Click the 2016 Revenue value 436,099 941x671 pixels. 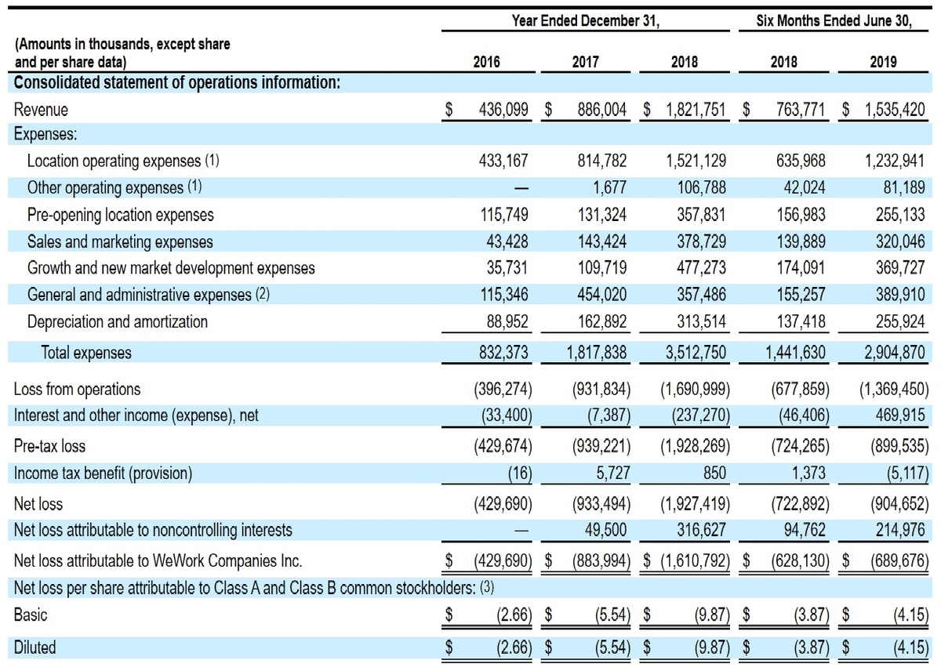503,110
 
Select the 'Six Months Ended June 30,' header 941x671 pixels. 834,20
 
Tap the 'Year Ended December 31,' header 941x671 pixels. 586,20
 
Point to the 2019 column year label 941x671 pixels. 883,62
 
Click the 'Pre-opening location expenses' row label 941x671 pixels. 121,215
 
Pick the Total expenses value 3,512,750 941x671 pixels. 696,352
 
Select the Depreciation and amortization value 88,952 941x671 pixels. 507,321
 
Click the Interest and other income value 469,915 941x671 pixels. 900,415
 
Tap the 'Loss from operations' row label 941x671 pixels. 78,390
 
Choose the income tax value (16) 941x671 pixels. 520,473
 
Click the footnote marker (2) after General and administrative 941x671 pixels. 263,294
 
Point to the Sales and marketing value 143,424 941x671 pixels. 602,241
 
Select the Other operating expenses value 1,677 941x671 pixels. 609,187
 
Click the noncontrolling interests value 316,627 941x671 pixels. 701,530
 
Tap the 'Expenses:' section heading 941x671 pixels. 45,134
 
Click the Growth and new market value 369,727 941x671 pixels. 900,268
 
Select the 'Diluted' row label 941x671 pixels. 35,647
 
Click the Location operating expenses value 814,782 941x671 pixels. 602,161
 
